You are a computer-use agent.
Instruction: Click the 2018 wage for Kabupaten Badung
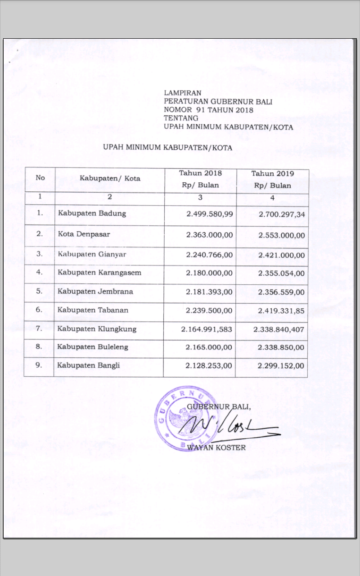click(x=210, y=214)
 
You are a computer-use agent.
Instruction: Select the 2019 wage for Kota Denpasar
click(x=282, y=235)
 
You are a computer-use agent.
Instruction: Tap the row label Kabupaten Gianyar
click(x=92, y=255)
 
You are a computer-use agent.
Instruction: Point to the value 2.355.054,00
click(x=282, y=273)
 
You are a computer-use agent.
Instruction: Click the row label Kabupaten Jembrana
click(x=95, y=292)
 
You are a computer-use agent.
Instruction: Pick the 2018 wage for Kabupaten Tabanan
click(x=209, y=310)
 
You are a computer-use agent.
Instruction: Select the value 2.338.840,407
click(x=279, y=329)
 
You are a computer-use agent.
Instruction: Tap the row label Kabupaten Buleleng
click(x=93, y=347)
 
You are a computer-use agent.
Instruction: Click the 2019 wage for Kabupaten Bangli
click(x=281, y=366)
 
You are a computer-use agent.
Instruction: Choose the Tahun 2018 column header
click(x=201, y=173)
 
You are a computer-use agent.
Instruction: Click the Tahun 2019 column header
click(x=272, y=173)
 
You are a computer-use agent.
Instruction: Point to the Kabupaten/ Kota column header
click(x=110, y=178)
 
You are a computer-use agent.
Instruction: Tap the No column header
click(x=40, y=178)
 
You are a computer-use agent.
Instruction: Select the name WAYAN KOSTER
click(x=216, y=448)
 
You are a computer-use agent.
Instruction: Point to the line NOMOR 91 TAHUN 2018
click(x=209, y=110)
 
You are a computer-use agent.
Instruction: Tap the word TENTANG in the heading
click(x=178, y=118)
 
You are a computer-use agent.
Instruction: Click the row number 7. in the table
click(x=39, y=328)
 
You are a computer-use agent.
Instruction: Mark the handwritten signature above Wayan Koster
click(x=225, y=425)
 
